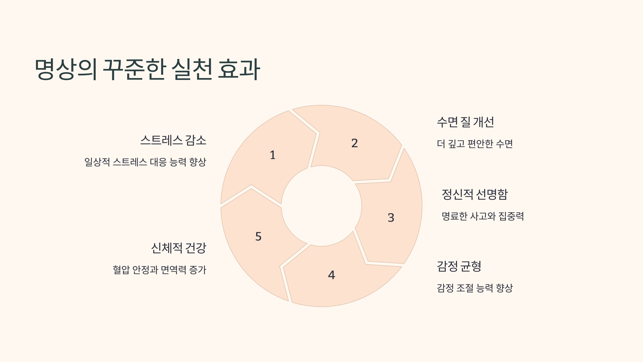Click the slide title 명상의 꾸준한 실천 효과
(147, 69)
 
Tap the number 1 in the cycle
(272, 155)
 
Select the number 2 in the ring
(354, 143)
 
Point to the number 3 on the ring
(391, 217)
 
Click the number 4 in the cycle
(331, 275)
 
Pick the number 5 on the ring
(258, 237)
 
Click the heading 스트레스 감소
(173, 140)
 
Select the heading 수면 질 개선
(465, 122)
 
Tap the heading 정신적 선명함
(475, 194)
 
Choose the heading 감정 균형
(459, 266)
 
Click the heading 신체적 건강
(179, 248)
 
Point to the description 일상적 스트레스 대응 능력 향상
(145, 162)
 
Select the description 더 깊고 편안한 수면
(475, 144)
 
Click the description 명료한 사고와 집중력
(483, 216)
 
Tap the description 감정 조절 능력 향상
(475, 288)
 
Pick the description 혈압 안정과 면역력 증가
(159, 270)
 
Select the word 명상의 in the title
(66, 69)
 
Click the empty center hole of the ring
(322, 206)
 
